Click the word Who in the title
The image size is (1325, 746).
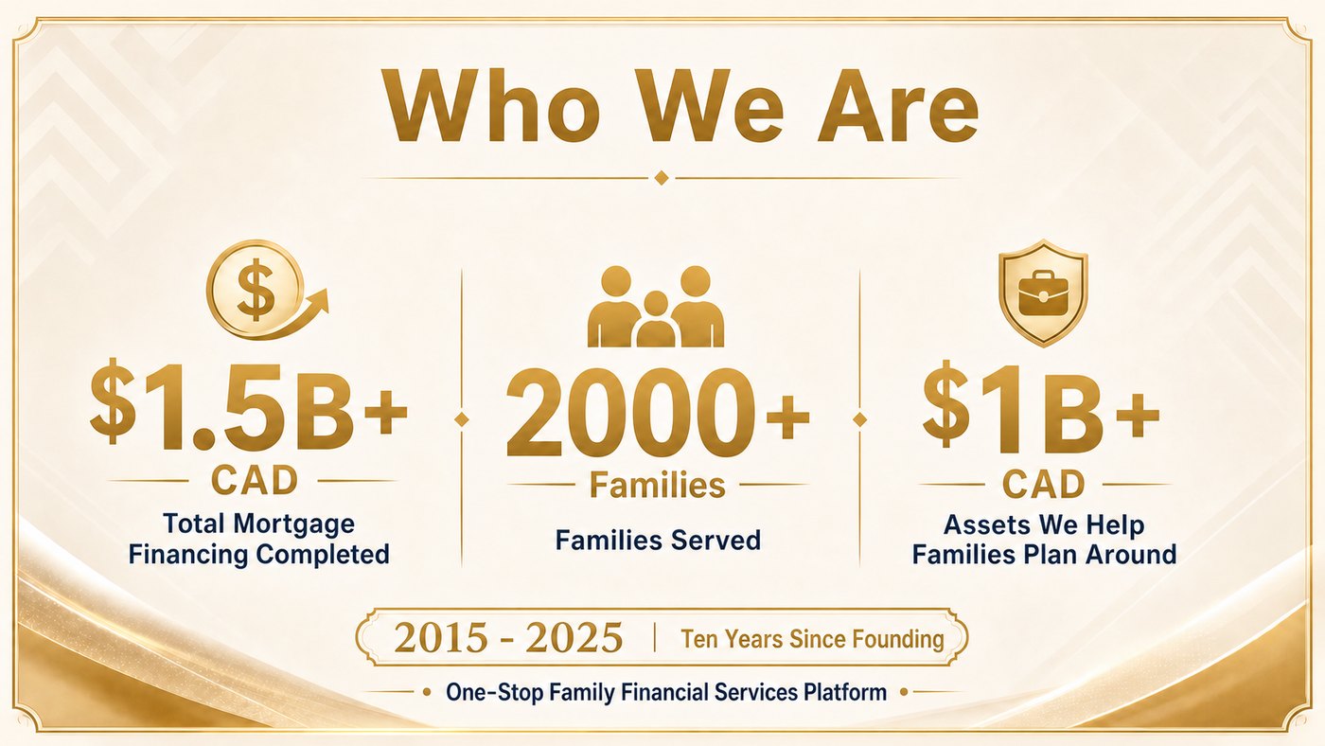(x=492, y=106)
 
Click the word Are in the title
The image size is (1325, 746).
(x=898, y=106)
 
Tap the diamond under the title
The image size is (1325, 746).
(x=662, y=177)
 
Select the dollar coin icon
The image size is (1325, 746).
(x=256, y=289)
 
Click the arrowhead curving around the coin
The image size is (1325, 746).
(x=318, y=299)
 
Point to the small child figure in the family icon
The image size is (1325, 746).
(x=655, y=319)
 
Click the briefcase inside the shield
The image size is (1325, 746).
(x=1043, y=293)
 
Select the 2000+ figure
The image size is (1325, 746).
(x=657, y=412)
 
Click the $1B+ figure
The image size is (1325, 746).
(x=1041, y=409)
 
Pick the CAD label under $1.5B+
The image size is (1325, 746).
(x=255, y=480)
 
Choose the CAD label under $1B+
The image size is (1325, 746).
(x=1043, y=484)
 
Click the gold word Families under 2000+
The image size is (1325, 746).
(x=657, y=485)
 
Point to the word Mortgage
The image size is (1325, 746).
(x=293, y=524)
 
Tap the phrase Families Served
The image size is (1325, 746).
(x=658, y=541)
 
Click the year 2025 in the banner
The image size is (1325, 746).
(x=574, y=638)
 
